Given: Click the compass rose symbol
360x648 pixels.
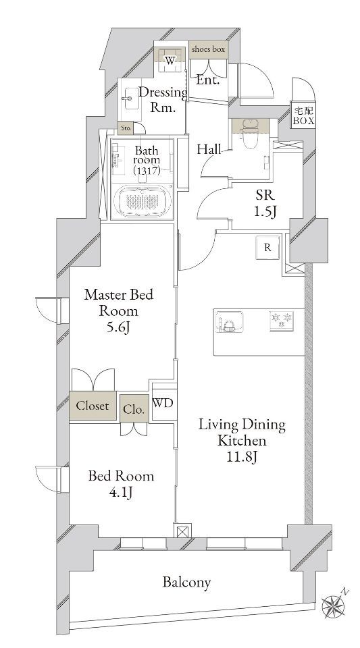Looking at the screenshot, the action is click(334, 605).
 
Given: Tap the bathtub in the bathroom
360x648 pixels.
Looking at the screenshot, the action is click(143, 200).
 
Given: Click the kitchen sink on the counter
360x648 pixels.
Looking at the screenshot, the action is click(229, 321).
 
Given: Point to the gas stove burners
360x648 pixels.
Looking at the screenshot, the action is click(282, 320).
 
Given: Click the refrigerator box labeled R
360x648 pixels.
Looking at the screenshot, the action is click(267, 247).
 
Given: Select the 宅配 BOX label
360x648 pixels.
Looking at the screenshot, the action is click(303, 115).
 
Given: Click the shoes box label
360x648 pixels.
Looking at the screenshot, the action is click(208, 49).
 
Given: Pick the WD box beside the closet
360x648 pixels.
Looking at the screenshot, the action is click(162, 403).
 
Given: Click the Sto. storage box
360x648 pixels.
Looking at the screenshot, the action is click(126, 128).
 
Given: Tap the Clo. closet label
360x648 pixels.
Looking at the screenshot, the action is click(134, 410).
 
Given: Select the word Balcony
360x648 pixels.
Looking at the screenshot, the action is click(186, 583).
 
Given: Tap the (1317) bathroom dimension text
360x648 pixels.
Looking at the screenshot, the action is click(147, 170).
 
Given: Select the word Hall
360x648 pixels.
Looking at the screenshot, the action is click(209, 149).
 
